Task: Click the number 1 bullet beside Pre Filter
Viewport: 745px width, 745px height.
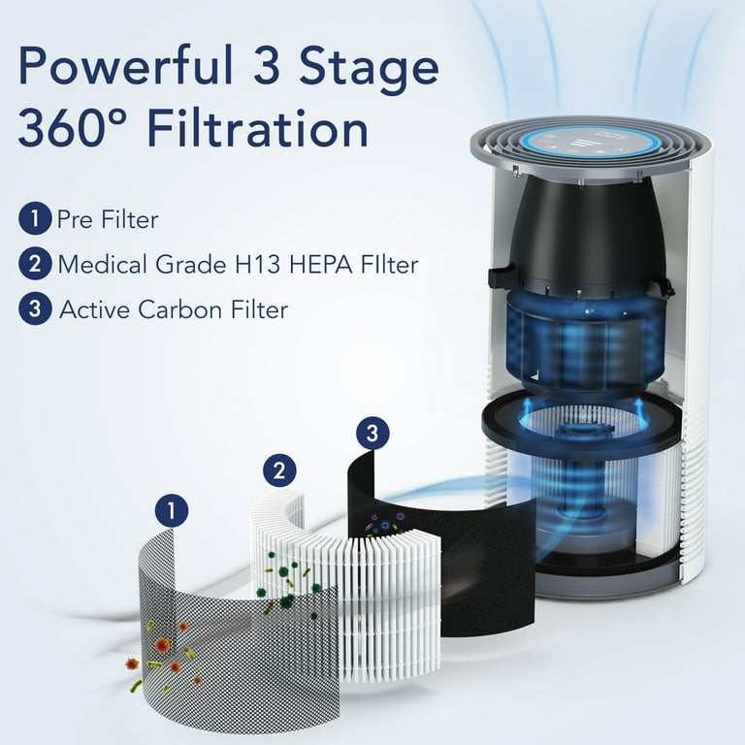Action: click(34, 219)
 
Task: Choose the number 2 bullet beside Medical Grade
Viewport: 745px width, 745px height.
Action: click(34, 264)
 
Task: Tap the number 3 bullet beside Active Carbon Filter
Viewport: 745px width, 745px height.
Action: click(34, 309)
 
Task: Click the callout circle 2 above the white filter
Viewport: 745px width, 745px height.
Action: click(278, 471)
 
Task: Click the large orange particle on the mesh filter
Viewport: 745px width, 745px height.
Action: click(162, 645)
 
